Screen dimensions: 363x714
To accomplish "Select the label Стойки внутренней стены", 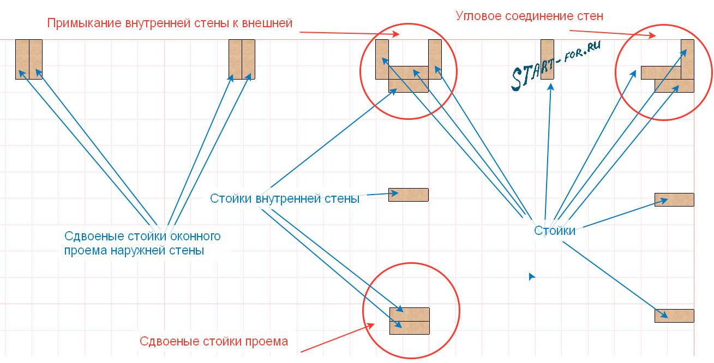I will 284,199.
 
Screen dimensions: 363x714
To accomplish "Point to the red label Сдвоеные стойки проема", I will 214,342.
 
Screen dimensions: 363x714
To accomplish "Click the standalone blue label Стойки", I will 554,231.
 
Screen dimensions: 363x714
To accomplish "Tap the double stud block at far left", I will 29,59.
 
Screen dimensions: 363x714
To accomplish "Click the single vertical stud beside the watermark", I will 548,59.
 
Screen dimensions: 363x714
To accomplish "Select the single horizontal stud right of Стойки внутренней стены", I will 409,195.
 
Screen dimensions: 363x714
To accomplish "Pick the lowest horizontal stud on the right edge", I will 674,316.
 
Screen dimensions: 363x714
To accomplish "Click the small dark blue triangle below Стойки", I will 532,277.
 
